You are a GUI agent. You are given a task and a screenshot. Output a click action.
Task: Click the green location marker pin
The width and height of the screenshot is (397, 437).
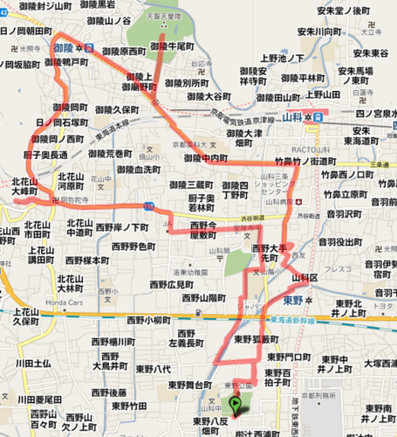(236, 405)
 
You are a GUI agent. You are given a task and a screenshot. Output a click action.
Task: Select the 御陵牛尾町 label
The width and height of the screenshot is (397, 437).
(170, 46)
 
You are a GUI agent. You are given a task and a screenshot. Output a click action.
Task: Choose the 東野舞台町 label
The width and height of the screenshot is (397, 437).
(190, 383)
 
